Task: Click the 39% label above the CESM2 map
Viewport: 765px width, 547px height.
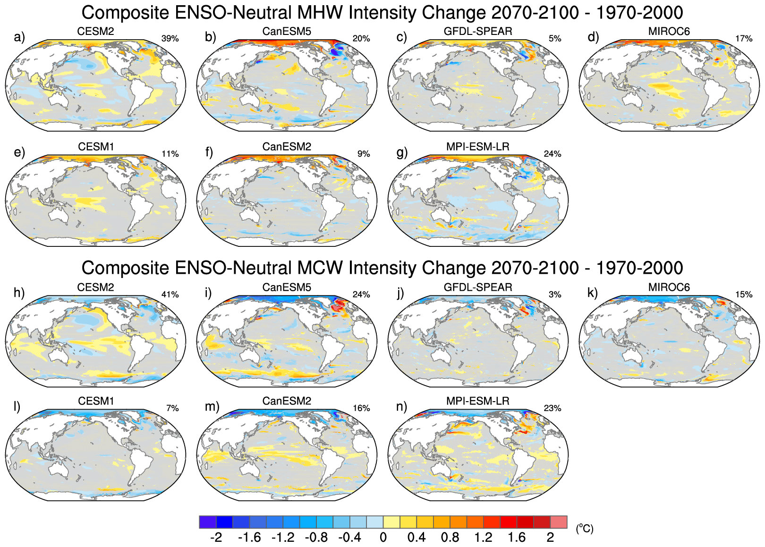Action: pyautogui.click(x=170, y=39)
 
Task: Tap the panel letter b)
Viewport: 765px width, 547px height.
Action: pyautogui.click(x=211, y=37)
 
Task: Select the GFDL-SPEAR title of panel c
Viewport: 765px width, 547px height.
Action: pyautogui.click(x=478, y=31)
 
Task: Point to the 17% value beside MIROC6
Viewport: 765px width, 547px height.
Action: pyautogui.click(x=744, y=39)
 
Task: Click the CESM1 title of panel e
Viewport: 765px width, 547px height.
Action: pyautogui.click(x=96, y=147)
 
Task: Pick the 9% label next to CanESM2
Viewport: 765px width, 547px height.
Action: pyautogui.click(x=364, y=154)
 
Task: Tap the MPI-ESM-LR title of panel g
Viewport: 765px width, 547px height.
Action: pyautogui.click(x=478, y=147)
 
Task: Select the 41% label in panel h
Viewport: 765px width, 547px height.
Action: pyautogui.click(x=170, y=295)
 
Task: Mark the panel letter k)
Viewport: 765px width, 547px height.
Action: pyautogui.click(x=593, y=293)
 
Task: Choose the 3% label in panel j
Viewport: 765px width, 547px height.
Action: pyautogui.click(x=555, y=295)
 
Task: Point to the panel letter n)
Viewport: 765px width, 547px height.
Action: pyautogui.click(x=401, y=406)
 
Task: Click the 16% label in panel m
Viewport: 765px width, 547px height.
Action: pyautogui.click(x=361, y=408)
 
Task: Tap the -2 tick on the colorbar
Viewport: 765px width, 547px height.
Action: pyautogui.click(x=216, y=538)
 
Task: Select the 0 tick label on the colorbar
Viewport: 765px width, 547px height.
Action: pyautogui.click(x=383, y=538)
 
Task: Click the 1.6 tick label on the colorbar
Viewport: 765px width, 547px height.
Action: pyautogui.click(x=517, y=538)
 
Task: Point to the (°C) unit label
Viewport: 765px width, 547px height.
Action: pyautogui.click(x=584, y=529)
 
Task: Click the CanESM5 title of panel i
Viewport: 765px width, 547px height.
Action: pyautogui.click(x=287, y=287)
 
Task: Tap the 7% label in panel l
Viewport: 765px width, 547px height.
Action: pyautogui.click(x=172, y=408)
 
